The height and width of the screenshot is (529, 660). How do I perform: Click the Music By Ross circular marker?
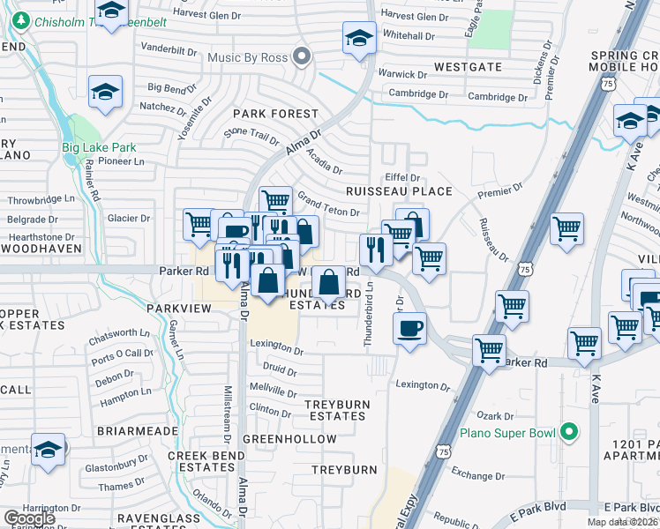click(x=302, y=57)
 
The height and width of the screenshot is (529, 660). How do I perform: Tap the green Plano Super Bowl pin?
click(x=569, y=433)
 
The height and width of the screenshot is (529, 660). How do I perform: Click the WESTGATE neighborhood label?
click(x=468, y=67)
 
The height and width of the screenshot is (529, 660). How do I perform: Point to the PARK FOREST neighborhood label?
click(x=275, y=114)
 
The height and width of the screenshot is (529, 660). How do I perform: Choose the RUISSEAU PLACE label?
click(x=399, y=191)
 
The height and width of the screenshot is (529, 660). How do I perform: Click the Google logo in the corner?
click(x=29, y=518)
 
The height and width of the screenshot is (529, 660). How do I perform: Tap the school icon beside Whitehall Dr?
click(x=359, y=39)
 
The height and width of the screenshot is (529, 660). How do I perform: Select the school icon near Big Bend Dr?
click(x=105, y=92)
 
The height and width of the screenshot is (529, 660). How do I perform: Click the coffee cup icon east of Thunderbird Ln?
click(x=410, y=329)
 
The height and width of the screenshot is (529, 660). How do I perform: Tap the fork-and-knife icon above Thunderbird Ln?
click(x=376, y=250)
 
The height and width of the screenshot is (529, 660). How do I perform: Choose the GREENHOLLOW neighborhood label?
click(x=289, y=439)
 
